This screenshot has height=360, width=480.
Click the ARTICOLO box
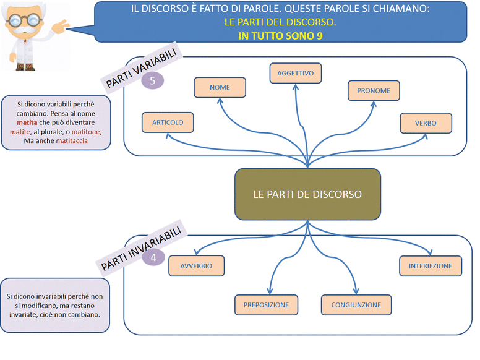pyautogui.click(x=168, y=122)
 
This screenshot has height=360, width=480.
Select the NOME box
pyautogui.click(x=220, y=88)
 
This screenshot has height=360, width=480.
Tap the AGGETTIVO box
pyautogui.click(x=295, y=73)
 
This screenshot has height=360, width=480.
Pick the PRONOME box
pyautogui.click(x=374, y=91)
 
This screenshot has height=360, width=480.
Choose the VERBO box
pyautogui.click(x=426, y=123)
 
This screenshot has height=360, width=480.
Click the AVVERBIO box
pyautogui.click(x=196, y=266)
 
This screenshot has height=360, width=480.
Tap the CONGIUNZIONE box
pyautogui.click(x=356, y=305)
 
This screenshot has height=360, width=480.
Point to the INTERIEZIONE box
pyautogui.click(x=430, y=266)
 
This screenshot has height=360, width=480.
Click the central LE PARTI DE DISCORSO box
pyautogui.click(x=307, y=194)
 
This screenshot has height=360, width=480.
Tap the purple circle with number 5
pyautogui.click(x=153, y=80)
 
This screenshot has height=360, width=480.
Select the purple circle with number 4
pyautogui.click(x=153, y=257)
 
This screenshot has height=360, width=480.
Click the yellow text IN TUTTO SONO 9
pyautogui.click(x=280, y=35)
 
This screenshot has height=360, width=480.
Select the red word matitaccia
pyautogui.click(x=72, y=141)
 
